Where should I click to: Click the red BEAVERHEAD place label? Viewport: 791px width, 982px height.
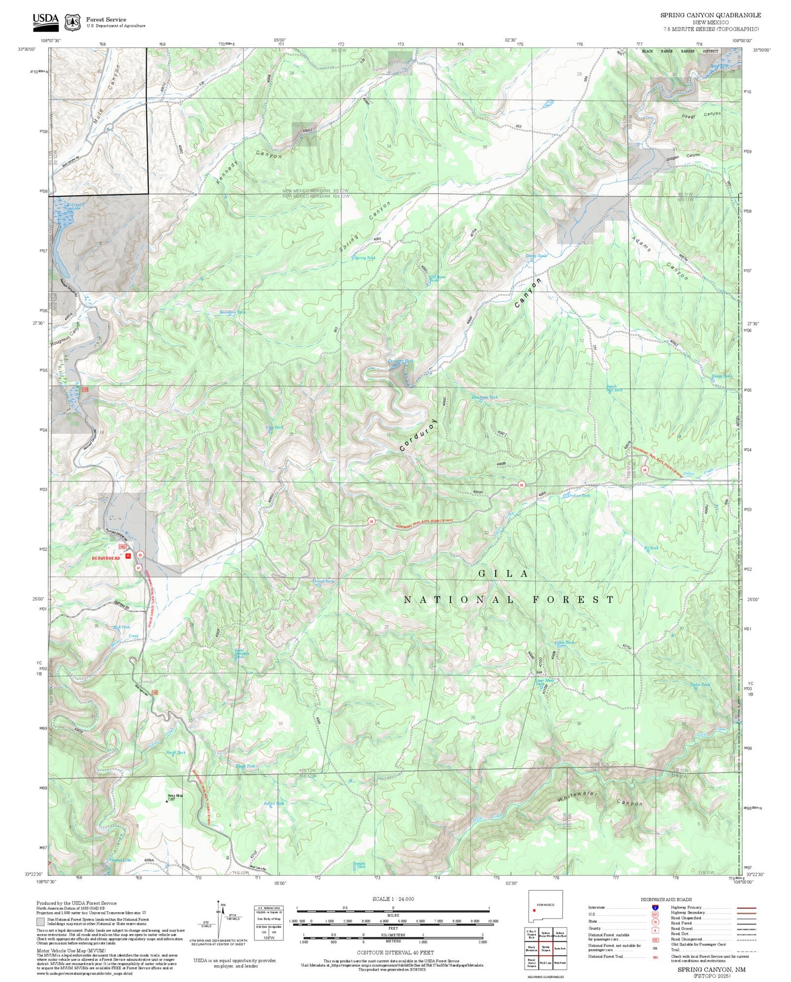[106, 558]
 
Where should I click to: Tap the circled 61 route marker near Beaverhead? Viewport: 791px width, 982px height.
[139, 567]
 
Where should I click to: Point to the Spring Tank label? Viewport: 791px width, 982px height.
[364, 258]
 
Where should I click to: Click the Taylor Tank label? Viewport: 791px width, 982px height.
[699, 685]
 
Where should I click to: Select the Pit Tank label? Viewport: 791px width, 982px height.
[652, 548]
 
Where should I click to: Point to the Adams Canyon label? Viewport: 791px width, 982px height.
[660, 257]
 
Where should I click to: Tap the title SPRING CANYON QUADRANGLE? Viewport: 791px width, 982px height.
[710, 15]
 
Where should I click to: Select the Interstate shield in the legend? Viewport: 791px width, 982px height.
[655, 908]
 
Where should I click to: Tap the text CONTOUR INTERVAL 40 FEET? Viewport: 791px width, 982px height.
[395, 952]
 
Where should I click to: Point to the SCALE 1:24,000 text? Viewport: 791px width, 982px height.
[393, 899]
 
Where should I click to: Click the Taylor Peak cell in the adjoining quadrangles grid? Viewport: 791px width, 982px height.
[560, 948]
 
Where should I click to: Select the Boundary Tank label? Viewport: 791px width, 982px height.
[233, 312]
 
